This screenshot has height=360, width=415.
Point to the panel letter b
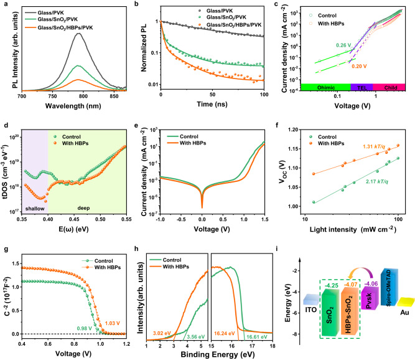point(145,4)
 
